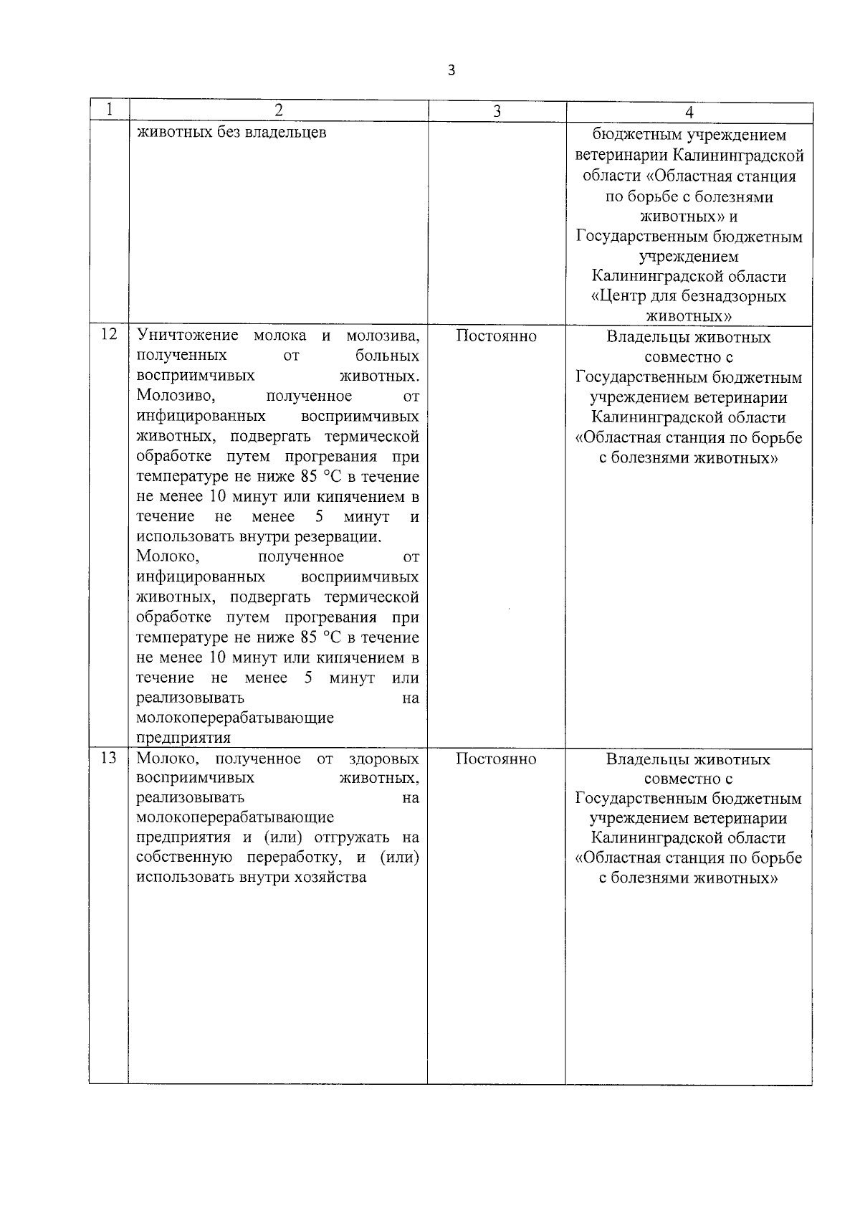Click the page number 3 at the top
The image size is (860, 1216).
451,70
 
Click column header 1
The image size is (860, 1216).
108,110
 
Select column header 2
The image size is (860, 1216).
278,110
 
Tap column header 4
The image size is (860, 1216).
689,112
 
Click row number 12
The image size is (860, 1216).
108,335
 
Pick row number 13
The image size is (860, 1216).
108,758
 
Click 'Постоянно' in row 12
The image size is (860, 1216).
496,336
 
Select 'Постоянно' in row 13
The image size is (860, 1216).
496,759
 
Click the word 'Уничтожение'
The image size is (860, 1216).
187,336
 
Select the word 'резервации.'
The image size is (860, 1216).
341,537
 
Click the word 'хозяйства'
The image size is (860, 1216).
330,878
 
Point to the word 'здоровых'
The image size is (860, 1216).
383,759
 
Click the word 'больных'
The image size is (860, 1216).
387,356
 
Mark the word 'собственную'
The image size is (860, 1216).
183,858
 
